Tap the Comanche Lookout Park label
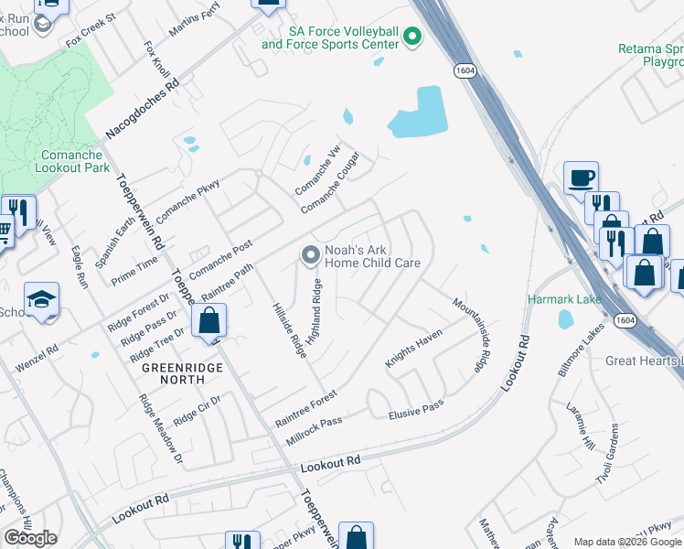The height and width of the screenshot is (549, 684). click(73, 161)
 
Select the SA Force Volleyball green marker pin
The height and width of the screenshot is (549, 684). click(412, 37)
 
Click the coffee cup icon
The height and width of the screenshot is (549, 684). click(581, 177)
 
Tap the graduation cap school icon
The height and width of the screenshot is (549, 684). click(41, 300)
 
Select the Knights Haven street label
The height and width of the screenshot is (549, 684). click(412, 350)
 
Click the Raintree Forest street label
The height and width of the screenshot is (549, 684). click(306, 408)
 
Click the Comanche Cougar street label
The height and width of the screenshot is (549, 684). click(331, 182)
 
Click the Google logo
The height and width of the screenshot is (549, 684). click(30, 538)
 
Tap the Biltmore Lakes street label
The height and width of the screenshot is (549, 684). click(580, 356)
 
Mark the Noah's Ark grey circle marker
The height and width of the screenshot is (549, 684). click(311, 253)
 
